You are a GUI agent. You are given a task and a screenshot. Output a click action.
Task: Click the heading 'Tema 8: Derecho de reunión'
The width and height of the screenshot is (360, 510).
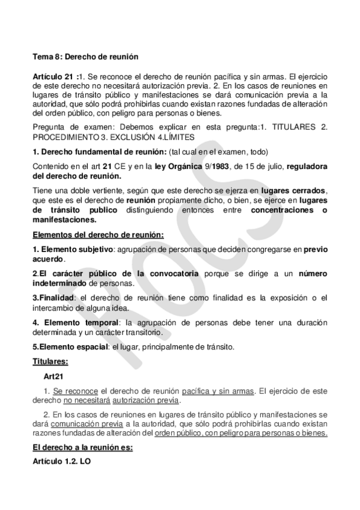click(x=85, y=57)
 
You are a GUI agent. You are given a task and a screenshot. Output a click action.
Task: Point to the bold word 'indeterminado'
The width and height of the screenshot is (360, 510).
click(x=59, y=283)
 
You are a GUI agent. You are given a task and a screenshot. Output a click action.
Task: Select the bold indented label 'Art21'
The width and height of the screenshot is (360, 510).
click(x=53, y=376)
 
